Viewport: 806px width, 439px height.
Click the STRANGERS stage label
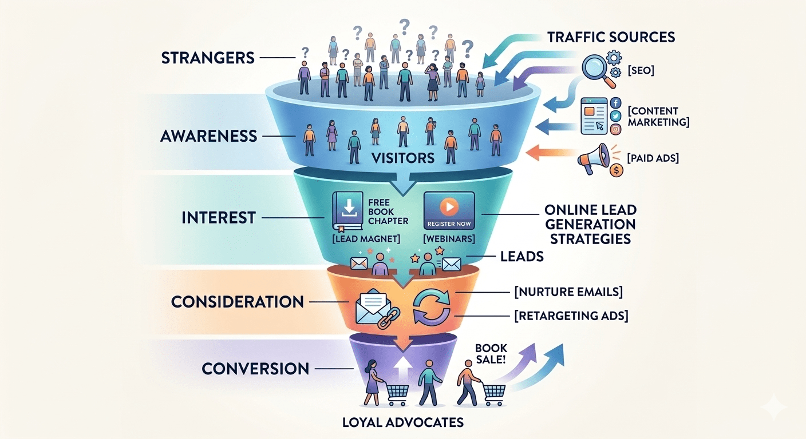[x=207, y=58]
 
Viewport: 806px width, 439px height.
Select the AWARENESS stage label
[x=208, y=136]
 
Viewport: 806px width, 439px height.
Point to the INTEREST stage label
[x=218, y=218]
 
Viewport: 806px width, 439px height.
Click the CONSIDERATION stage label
[x=238, y=301]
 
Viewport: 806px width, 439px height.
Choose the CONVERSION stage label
[x=255, y=369]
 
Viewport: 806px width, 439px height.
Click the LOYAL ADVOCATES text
[x=402, y=423]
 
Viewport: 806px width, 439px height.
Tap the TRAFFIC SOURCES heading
[x=611, y=38]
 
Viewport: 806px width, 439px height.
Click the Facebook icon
[x=616, y=103]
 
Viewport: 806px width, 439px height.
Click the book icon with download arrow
[x=347, y=212]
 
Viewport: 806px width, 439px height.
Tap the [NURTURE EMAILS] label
[x=568, y=292]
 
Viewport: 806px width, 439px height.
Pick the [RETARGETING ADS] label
[x=571, y=316]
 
